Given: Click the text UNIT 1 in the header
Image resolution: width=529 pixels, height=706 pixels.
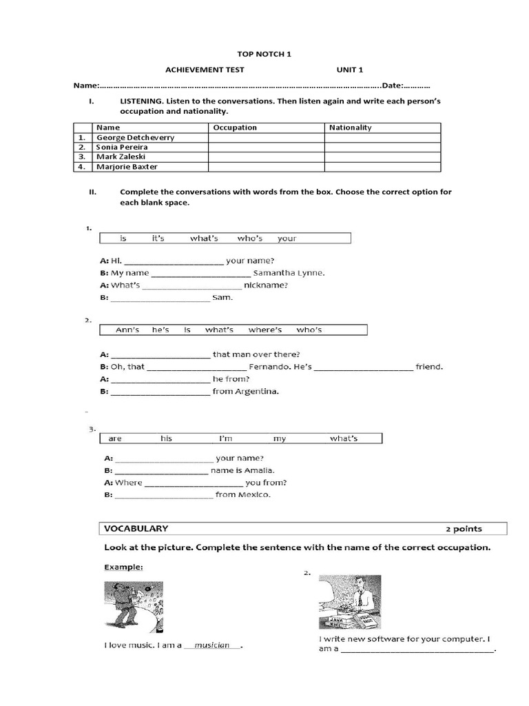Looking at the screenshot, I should [x=349, y=70].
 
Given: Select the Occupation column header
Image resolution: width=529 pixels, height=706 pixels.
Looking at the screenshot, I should [x=235, y=128].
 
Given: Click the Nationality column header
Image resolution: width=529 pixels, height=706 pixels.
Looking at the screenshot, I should [x=350, y=128].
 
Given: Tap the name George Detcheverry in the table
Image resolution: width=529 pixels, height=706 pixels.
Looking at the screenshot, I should [x=135, y=137].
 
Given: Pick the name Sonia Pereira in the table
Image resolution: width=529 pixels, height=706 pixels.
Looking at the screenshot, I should [x=122, y=147].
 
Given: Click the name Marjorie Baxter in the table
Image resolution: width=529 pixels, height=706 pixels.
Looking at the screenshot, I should [x=127, y=167].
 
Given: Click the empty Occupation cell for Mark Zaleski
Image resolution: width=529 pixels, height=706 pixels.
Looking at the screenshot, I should [x=266, y=157].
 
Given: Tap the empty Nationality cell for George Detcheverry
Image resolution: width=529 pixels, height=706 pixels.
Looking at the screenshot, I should [x=382, y=137].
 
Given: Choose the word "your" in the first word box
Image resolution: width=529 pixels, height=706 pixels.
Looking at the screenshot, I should [x=287, y=239].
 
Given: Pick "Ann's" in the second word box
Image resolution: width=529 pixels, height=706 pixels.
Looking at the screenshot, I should [x=127, y=330].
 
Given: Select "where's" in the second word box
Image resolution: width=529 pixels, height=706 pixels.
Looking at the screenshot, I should [x=265, y=330].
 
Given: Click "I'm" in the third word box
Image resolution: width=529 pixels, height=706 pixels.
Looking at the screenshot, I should [x=226, y=438].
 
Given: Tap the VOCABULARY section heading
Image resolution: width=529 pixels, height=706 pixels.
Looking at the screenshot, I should [x=136, y=529].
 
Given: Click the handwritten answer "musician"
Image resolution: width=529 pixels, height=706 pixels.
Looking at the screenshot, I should [x=212, y=645].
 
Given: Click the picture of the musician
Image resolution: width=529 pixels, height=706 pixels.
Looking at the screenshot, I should [x=134, y=607].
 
